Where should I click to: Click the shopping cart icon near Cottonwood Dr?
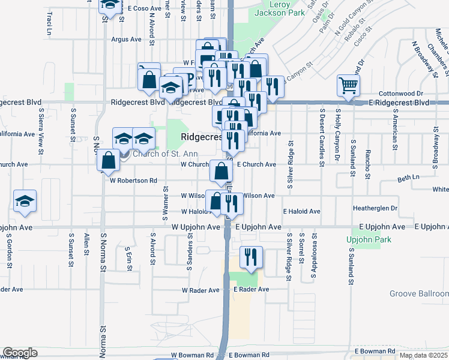pos(348,85)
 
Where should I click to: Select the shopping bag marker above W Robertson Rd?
pos(108,160)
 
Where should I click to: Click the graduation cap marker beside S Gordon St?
pos(25,201)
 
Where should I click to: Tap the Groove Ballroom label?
pos(418,293)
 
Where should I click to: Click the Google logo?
pos(20,353)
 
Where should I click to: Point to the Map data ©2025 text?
pos(423,355)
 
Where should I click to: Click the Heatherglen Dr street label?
pos(375,208)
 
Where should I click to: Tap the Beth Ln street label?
pos(408,178)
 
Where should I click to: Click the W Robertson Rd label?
pos(133,180)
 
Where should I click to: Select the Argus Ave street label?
pos(126,40)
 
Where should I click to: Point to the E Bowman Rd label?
pos(375,350)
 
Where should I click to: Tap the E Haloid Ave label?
pos(302,212)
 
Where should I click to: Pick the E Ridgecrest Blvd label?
pos(399,103)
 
